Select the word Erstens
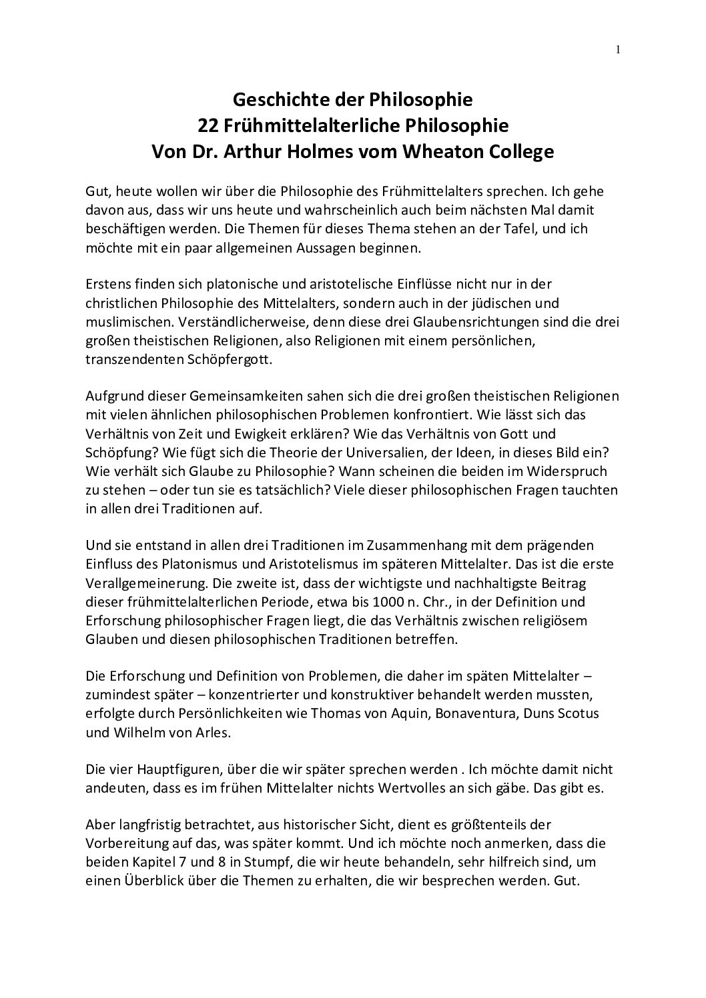click(106, 285)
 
